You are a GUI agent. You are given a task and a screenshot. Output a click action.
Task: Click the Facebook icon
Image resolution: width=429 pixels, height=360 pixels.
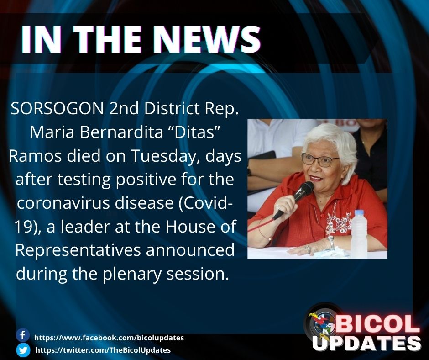22,335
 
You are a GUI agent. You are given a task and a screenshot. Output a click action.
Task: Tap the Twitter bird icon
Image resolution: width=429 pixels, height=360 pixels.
22,350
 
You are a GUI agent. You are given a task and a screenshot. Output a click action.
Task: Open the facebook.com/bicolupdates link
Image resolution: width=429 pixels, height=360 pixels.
109,338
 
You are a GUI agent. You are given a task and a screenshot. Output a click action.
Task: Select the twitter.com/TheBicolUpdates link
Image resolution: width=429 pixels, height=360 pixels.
103,350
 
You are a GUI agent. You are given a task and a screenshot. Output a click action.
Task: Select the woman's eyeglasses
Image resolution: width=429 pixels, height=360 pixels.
319,160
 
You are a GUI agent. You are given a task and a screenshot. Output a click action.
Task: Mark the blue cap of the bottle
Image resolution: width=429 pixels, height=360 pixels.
360,213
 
